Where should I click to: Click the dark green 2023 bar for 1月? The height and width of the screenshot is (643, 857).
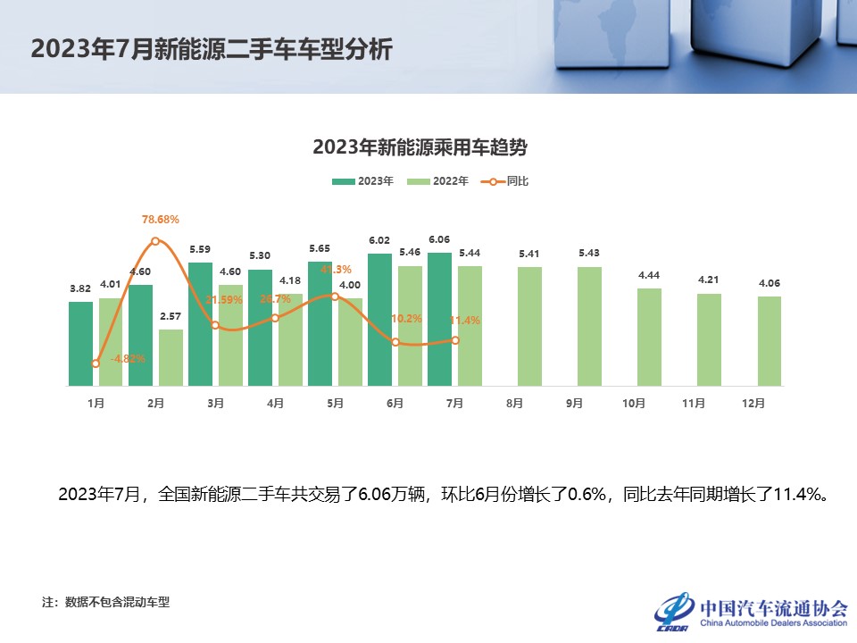[80, 344]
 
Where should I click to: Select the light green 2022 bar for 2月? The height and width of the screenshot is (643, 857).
[171, 357]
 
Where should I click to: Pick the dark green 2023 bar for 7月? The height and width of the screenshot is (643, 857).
[439, 319]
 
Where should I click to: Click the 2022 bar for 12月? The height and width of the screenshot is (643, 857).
[770, 341]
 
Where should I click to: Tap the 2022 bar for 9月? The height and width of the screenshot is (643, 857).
[589, 326]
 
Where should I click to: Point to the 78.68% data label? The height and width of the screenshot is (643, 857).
[161, 219]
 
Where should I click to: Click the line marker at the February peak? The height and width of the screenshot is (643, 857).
[155, 241]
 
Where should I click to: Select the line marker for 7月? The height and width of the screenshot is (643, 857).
[455, 340]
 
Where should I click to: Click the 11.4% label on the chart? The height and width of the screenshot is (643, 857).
[466, 321]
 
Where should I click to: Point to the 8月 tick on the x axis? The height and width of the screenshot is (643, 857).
[514, 403]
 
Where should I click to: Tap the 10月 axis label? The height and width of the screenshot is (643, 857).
[634, 403]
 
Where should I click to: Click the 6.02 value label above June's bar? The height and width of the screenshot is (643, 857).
[379, 240]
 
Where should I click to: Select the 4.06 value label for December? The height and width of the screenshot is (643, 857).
[770, 283]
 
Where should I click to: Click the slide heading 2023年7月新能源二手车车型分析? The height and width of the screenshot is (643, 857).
[212, 49]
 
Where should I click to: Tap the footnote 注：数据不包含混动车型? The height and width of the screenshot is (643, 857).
[105, 602]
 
